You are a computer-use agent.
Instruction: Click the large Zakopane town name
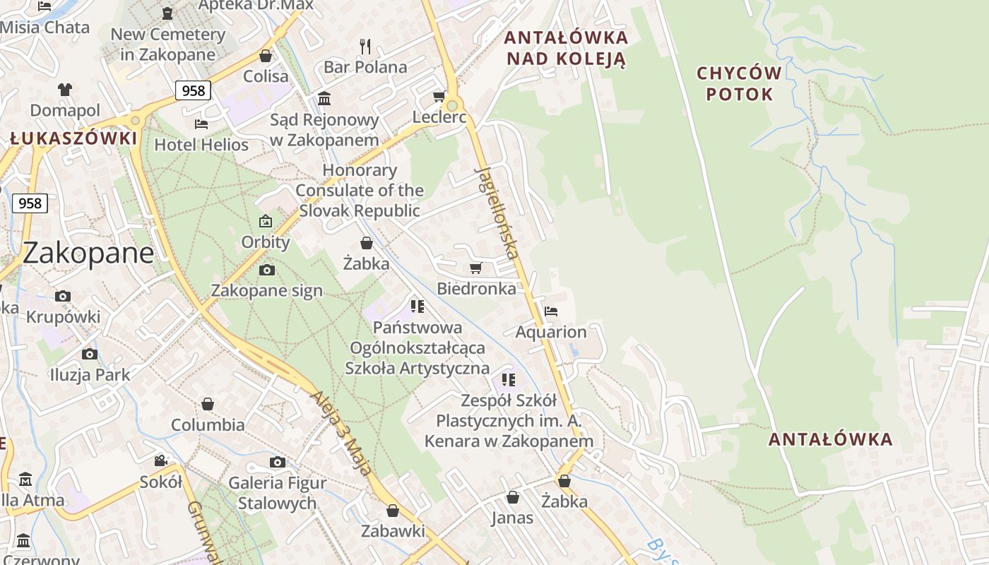(x=88, y=253)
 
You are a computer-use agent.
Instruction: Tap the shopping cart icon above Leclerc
(x=439, y=96)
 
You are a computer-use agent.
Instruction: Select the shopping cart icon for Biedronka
(x=475, y=268)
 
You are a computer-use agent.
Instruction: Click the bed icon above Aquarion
(x=551, y=311)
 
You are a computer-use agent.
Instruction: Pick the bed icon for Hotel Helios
(x=201, y=124)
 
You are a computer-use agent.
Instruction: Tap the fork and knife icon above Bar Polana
(x=365, y=47)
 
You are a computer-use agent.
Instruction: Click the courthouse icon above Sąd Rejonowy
(x=324, y=98)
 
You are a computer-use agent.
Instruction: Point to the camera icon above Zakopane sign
(x=266, y=270)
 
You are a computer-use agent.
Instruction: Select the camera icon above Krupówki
(x=63, y=297)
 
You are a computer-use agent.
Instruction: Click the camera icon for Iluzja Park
(x=89, y=354)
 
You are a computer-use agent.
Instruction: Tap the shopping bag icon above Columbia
(x=208, y=404)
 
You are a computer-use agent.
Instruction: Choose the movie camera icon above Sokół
(x=161, y=461)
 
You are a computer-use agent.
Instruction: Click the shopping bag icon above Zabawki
(x=393, y=510)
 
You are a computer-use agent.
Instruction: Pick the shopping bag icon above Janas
(x=513, y=497)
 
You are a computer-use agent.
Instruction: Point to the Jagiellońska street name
(x=497, y=213)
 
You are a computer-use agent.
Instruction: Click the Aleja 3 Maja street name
(x=340, y=432)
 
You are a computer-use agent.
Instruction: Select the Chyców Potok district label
(x=739, y=83)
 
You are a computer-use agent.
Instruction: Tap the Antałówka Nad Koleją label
(x=567, y=47)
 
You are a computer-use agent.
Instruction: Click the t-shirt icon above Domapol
(x=65, y=90)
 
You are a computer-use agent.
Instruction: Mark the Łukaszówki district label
(x=73, y=138)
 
